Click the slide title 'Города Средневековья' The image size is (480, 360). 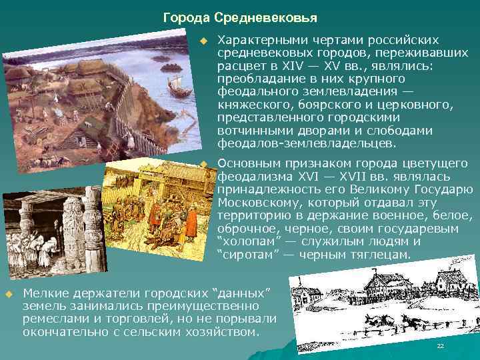[x=240, y=16]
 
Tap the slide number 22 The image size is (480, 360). [x=440, y=347]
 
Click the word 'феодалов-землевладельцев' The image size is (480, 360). [x=306, y=143]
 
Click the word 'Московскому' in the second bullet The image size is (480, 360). [x=255, y=202]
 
